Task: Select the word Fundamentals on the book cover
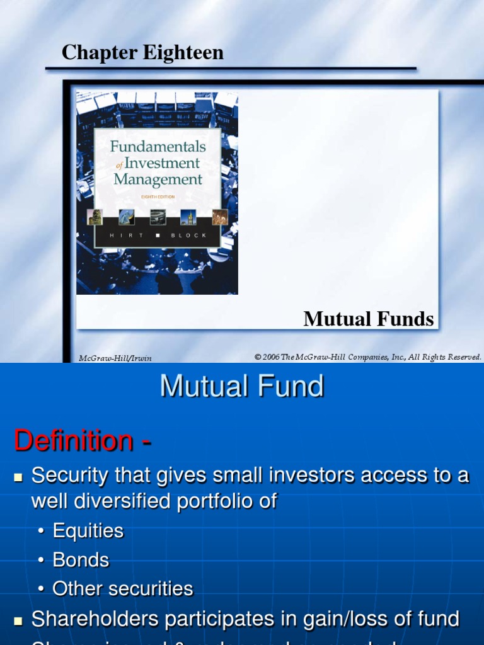[158, 147]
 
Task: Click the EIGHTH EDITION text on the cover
[158, 195]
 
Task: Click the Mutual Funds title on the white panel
[368, 319]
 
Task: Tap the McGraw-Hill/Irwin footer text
[115, 358]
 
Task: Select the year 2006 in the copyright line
[272, 357]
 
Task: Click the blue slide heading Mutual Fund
[242, 386]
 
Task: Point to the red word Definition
[74, 440]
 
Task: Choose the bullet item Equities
[88, 530]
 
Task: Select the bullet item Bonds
[81, 559]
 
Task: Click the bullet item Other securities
[123, 588]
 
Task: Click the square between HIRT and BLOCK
[158, 234]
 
